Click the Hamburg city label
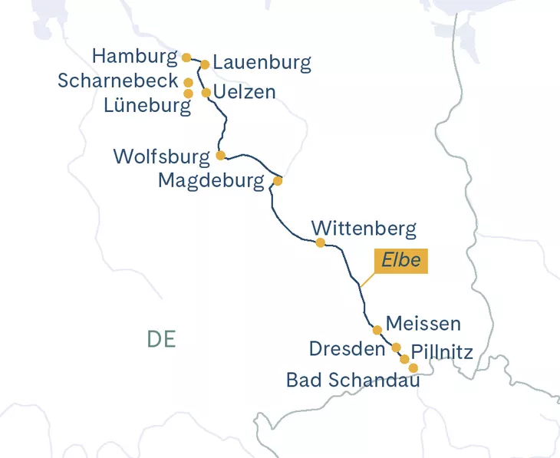tap(134, 57)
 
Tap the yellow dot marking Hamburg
tap(186, 57)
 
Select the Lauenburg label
tap(262, 63)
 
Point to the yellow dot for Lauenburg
tap(205, 64)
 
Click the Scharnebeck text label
tap(117, 81)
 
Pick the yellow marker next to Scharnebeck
tap(188, 81)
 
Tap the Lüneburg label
tap(147, 106)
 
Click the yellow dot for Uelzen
tap(206, 93)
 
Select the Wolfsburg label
tap(161, 157)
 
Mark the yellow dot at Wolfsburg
tap(220, 155)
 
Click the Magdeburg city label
tap(212, 181)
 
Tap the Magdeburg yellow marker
tap(278, 182)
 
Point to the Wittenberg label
tap(364, 229)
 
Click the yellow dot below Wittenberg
tap(320, 243)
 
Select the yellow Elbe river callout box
tap(401, 260)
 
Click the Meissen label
tap(423, 324)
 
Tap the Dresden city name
tap(347, 349)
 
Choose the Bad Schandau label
tap(353, 379)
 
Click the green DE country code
tap(161, 339)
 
